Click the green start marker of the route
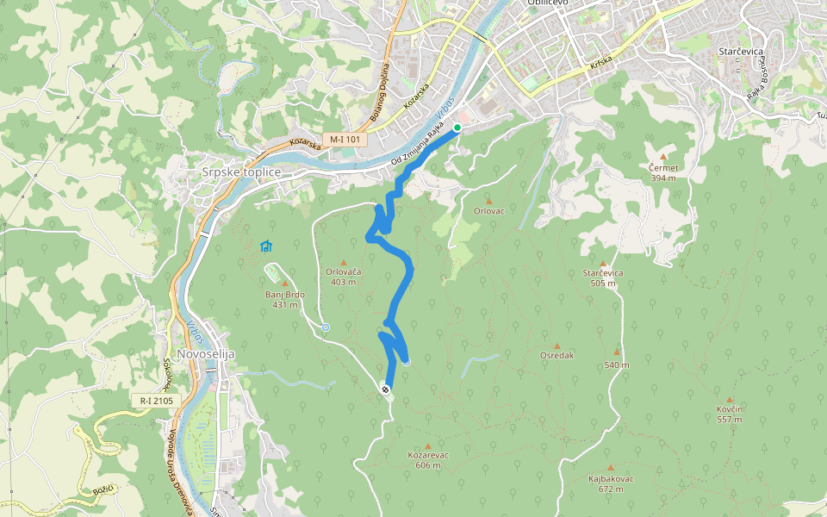pyautogui.click(x=457, y=128)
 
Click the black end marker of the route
pyautogui.click(x=385, y=389)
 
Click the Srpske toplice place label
pyautogui.click(x=240, y=171)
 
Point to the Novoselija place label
pyautogui.click(x=205, y=354)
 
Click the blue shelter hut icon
pyautogui.click(x=266, y=246)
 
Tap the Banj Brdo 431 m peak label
pyautogui.click(x=284, y=299)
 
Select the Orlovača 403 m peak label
pyautogui.click(x=343, y=277)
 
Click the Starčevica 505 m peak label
pyautogui.click(x=603, y=277)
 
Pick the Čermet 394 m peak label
pyautogui.click(x=663, y=172)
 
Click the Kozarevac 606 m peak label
pyautogui.click(x=427, y=459)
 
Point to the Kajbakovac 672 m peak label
pyautogui.click(x=611, y=483)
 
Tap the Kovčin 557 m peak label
pyautogui.click(x=729, y=414)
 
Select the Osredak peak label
pyautogui.click(x=557, y=355)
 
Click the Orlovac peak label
pyautogui.click(x=488, y=210)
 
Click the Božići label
pyautogui.click(x=103, y=489)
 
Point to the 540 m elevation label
pyautogui.click(x=617, y=364)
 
